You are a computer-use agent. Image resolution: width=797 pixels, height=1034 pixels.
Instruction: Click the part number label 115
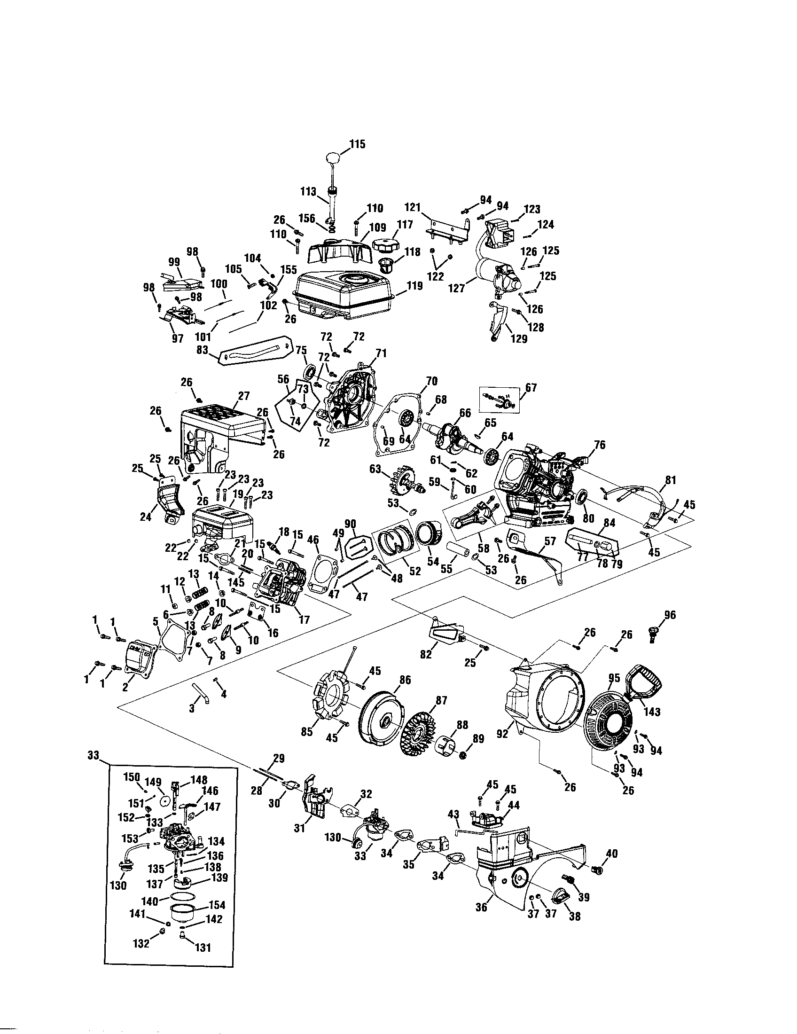pos(357,144)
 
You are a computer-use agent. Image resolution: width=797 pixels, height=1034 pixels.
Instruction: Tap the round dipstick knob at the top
pos(333,157)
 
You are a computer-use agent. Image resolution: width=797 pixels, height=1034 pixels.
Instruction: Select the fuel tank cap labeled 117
pos(387,246)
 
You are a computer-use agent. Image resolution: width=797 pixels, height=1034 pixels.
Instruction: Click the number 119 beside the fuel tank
pos(414,286)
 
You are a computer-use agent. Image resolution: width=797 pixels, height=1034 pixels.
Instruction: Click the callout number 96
pos(670,615)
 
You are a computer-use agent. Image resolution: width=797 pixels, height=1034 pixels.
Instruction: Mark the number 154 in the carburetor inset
pos(217,905)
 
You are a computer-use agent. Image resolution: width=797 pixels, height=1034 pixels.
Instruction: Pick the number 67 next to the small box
pos(531,388)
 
